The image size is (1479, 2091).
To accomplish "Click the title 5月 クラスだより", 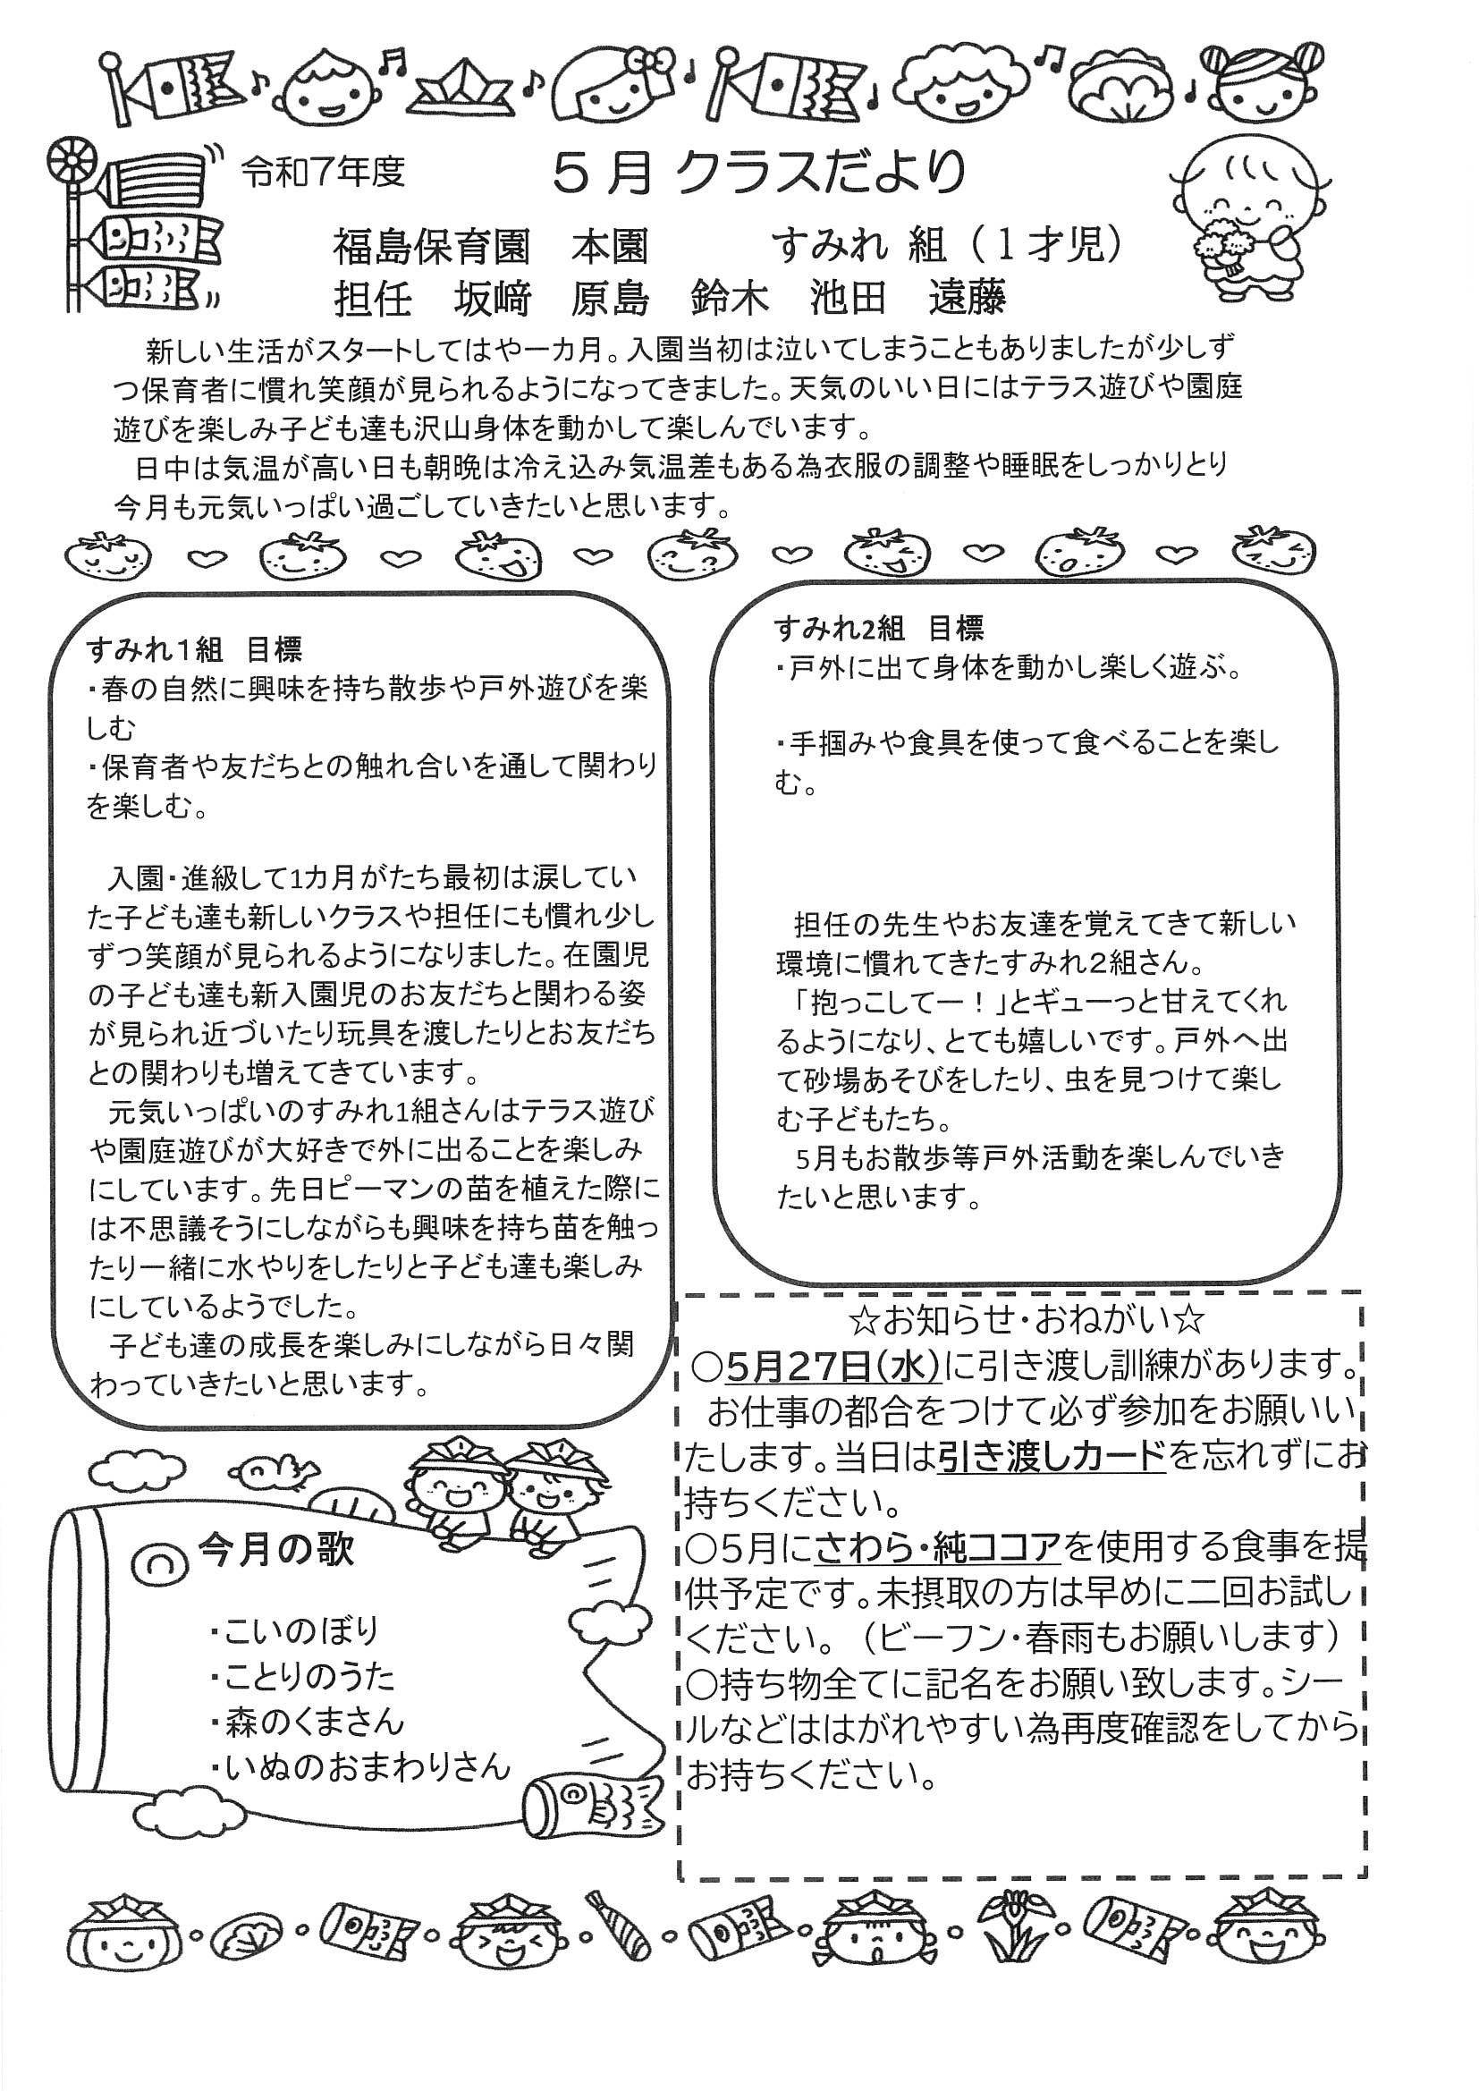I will pyautogui.click(x=758, y=172).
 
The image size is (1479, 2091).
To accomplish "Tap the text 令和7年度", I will pyautogui.click(x=324, y=170).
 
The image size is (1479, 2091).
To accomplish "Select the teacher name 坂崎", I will pyautogui.click(x=493, y=299).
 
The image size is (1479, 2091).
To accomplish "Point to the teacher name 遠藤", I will pyautogui.click(x=967, y=299).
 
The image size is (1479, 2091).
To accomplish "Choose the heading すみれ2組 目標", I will pyautogui.click(x=878, y=629).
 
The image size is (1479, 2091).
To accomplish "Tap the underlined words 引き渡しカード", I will pyautogui.click(x=1051, y=1457).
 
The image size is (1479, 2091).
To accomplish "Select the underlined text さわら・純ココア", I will pyautogui.click(x=938, y=1546).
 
